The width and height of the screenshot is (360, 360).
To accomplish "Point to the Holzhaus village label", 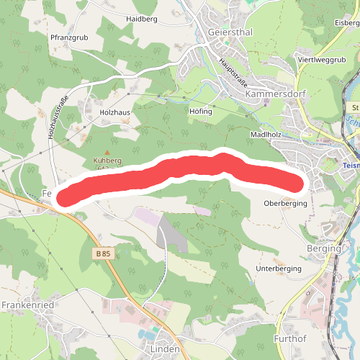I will pos(115,112).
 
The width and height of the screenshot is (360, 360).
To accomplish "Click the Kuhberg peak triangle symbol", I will pos(109,151).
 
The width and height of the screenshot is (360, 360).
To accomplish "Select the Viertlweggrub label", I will pos(321,59).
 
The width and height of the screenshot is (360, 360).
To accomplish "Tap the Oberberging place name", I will pos(286,204).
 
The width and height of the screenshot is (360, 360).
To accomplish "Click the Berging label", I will pos(323,248).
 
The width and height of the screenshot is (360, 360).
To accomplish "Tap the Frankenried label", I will pos(28,305).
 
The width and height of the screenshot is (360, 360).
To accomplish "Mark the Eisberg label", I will pos(347,23).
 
